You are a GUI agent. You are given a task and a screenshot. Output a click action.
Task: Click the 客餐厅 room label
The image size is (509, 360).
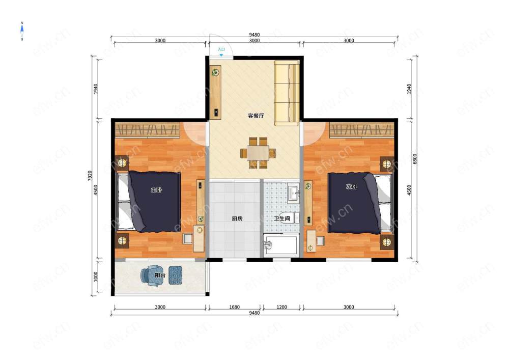[256, 116]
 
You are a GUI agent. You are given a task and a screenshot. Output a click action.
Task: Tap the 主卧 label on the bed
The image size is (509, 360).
[156, 190]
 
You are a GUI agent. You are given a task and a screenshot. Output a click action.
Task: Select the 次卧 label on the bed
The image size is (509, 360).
[352, 187]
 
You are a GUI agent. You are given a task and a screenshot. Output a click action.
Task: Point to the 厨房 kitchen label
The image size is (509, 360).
[237, 219]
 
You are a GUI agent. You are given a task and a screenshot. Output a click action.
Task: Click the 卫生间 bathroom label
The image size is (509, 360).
[281, 219]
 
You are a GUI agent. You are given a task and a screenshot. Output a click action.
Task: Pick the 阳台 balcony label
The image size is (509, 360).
[160, 275]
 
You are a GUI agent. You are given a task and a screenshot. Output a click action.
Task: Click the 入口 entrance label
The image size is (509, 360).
[221, 49]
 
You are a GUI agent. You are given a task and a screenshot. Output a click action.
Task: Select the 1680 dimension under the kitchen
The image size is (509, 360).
[234, 307]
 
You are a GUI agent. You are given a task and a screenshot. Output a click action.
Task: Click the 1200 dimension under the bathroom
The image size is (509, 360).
[281, 307]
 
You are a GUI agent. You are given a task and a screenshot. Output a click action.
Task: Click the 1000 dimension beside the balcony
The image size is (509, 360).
[96, 277]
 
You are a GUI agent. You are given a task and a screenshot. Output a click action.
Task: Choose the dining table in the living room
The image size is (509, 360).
[258, 153]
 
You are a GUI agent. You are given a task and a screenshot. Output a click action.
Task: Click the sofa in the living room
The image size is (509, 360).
[287, 93]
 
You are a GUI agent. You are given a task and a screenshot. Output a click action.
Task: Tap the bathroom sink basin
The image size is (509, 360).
[294, 193]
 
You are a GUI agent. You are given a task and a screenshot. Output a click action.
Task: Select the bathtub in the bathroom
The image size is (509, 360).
[280, 245]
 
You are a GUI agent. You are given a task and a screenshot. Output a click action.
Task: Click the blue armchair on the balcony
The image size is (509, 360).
[151, 275]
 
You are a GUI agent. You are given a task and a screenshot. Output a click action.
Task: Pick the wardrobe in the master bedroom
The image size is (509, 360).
[148, 130]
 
